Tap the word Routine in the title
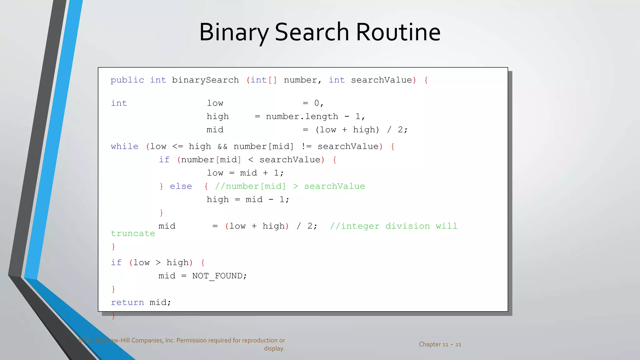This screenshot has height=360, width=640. tap(398, 32)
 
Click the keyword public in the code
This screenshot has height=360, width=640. tap(127, 80)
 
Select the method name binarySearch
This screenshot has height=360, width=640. tap(205, 80)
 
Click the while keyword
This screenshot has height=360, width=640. tap(124, 147)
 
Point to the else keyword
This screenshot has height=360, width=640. tap(181, 186)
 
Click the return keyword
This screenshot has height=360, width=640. tap(127, 302)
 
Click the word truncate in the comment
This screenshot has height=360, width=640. tap(133, 233)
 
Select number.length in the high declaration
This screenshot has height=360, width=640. tap(302, 117)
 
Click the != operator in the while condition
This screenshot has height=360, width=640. tap(306, 147)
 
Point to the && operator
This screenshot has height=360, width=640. tap(222, 147)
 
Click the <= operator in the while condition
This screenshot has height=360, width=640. tap(177, 147)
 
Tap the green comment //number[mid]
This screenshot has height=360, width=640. tap(250, 186)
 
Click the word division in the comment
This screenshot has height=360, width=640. tap(407, 226)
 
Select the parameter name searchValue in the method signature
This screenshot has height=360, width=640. tap(381, 80)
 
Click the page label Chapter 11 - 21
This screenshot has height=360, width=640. tap(440, 344)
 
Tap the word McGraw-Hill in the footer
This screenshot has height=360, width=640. tap(112, 340)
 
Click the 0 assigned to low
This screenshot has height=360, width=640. tap(317, 103)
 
